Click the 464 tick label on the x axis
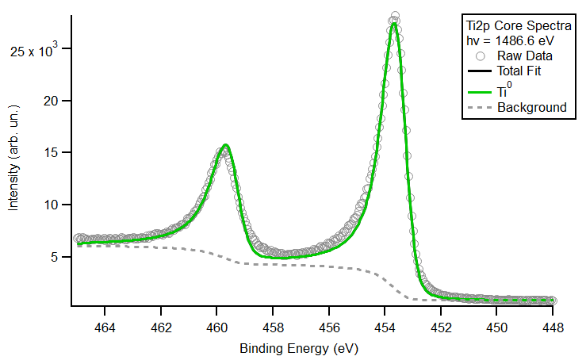click(105, 326)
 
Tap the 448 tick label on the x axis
click(553, 326)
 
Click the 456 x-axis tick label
click(329, 326)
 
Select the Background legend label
click(531, 107)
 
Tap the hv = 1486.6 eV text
click(509, 40)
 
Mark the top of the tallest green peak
click(394, 23)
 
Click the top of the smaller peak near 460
click(226, 145)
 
